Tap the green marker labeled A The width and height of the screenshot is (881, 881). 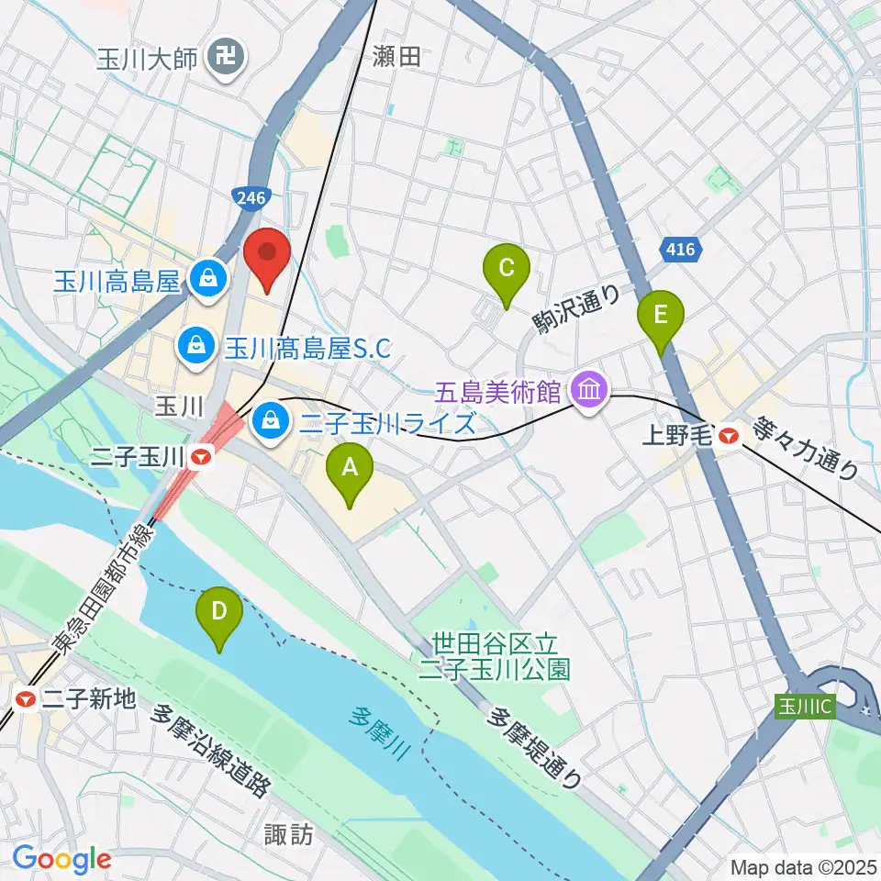(350, 469)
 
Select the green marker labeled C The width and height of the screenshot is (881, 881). (506, 270)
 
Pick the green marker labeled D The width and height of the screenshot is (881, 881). (219, 612)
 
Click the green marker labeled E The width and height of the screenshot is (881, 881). (661, 316)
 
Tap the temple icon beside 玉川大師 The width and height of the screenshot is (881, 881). (225, 59)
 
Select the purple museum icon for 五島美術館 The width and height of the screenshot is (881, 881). (588, 392)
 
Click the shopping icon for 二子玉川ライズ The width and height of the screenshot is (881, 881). (270, 422)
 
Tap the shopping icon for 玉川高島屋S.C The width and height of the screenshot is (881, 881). (195, 346)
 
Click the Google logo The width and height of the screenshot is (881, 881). (61, 859)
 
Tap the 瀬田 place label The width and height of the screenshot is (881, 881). (396, 57)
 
